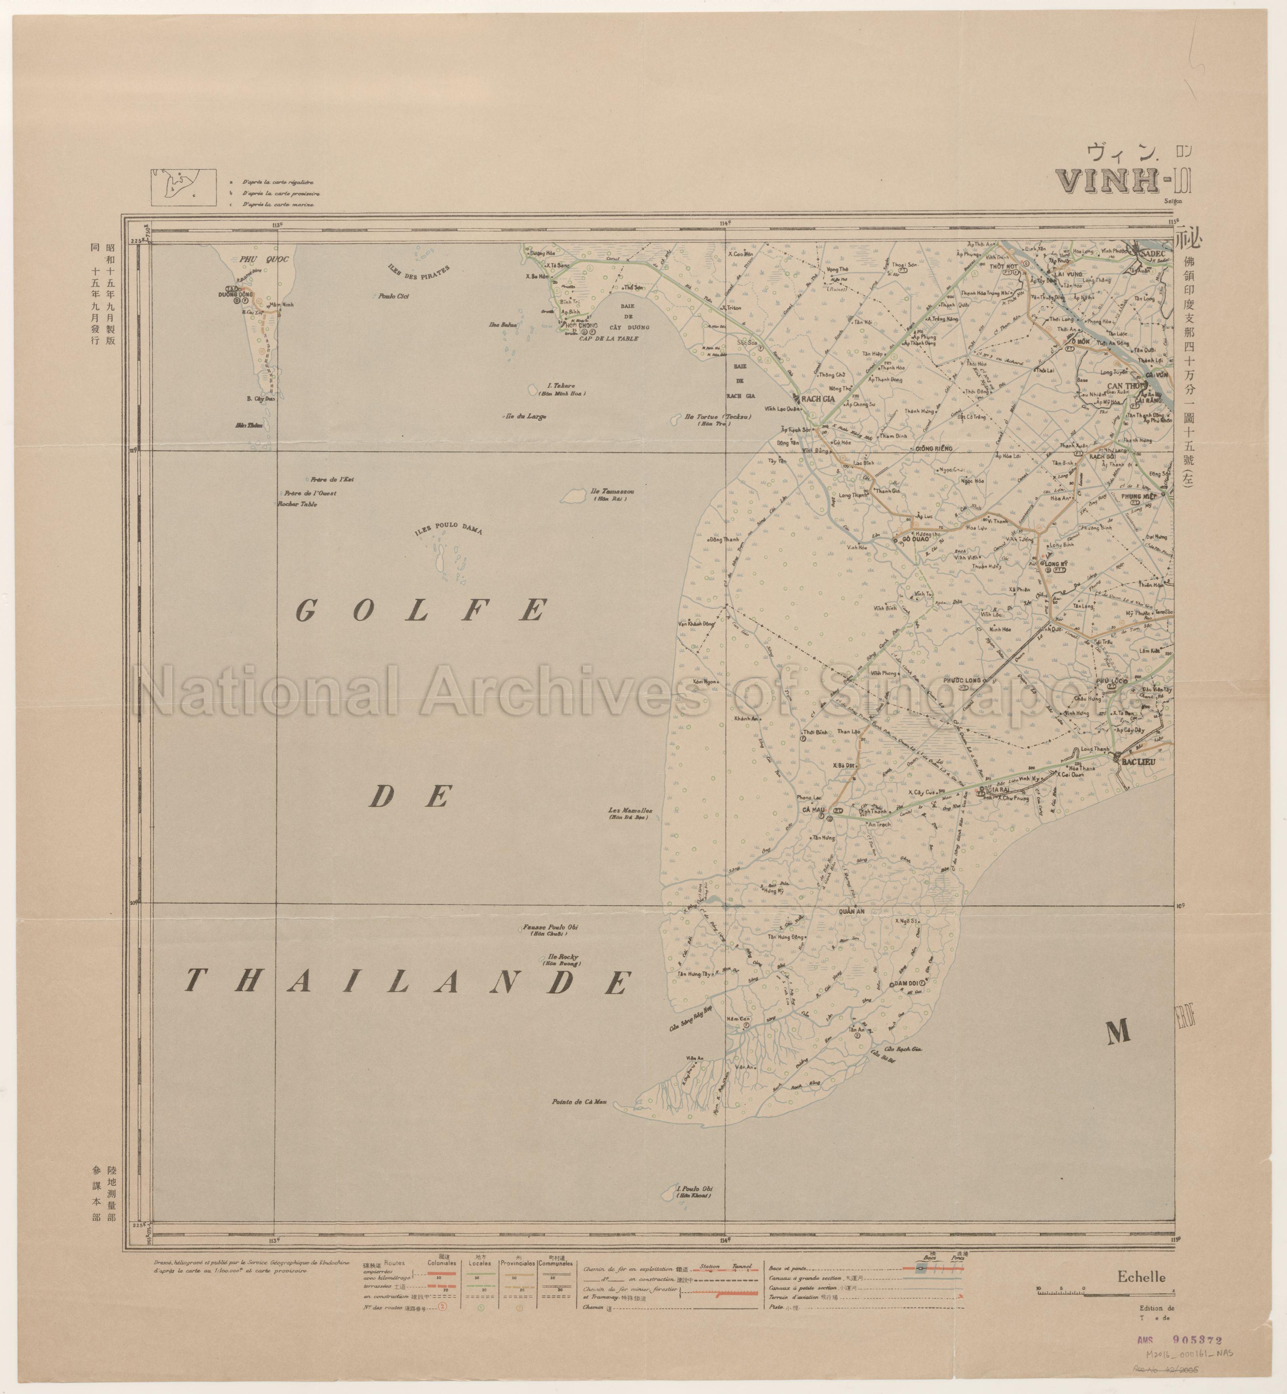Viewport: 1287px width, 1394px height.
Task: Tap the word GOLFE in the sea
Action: pyautogui.click(x=419, y=611)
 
